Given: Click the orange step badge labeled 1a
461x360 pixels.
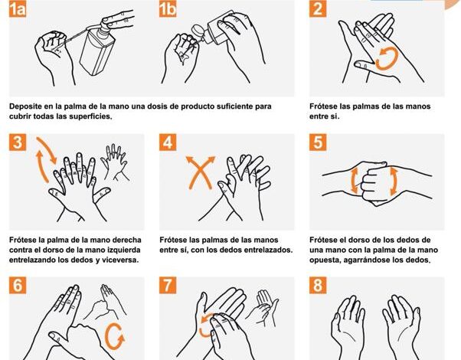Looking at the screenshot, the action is pos(18,9).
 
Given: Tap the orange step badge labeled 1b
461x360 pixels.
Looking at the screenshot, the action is pos(168,9).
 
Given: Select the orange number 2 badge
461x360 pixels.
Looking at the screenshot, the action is pos(318,9).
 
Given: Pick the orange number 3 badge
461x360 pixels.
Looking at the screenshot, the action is pos(18,142).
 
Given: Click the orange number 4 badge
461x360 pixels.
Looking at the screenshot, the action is pos(168,142).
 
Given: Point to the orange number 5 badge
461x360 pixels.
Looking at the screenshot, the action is pos(318,142).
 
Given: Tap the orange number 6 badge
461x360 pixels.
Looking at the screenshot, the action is pos(18,285).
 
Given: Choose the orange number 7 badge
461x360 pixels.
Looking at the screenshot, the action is pos(168,285).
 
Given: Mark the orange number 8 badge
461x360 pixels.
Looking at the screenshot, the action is pos(318,285).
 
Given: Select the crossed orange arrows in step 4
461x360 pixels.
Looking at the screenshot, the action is pos(200,172).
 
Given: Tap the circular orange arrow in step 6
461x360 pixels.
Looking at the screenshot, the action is pos(107,335).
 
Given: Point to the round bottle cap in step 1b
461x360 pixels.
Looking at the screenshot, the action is pos(197,31).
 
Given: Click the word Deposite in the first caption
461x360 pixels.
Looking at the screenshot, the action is pos(25,106).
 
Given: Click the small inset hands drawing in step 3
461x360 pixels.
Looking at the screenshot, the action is pos(115,162).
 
